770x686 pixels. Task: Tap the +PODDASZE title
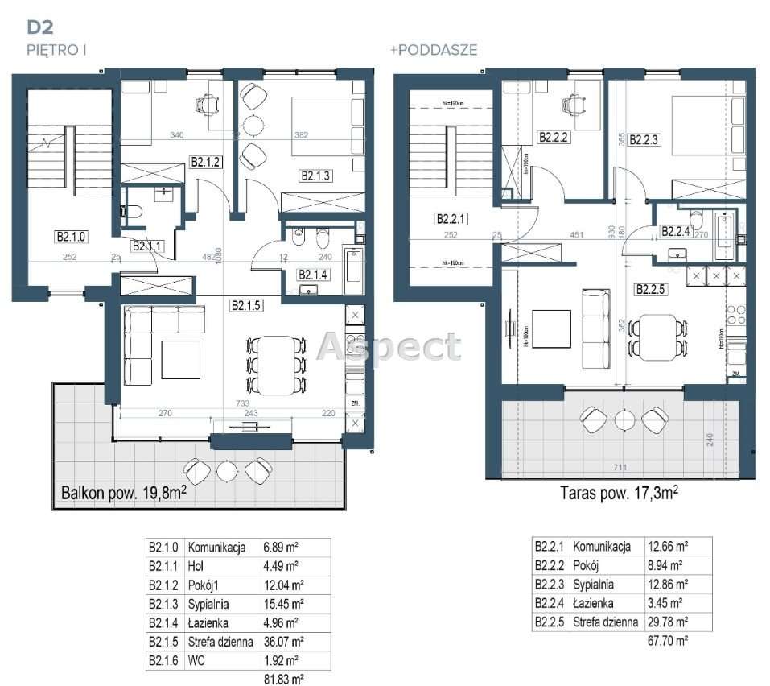pyautogui.click(x=434, y=50)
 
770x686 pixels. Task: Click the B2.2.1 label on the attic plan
pyautogui.click(x=451, y=218)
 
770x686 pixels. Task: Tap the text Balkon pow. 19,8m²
pyautogui.click(x=124, y=493)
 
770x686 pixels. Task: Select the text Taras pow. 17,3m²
pyautogui.click(x=618, y=493)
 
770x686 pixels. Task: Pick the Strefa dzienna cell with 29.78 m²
pyautogui.click(x=603, y=622)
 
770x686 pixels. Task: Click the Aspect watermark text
pyautogui.click(x=389, y=347)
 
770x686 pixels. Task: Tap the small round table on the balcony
pyautogui.click(x=227, y=469)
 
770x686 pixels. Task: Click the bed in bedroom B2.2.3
pyautogui.click(x=702, y=134)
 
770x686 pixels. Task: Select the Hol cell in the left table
pyautogui.click(x=196, y=565)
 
